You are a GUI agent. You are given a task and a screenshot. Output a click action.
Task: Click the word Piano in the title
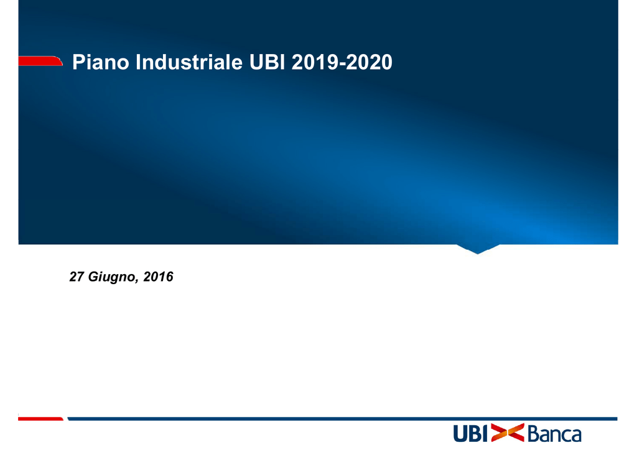pos(101,62)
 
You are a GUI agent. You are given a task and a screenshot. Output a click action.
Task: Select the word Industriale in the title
pos(189,62)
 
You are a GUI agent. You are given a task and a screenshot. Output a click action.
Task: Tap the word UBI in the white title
pos(267,62)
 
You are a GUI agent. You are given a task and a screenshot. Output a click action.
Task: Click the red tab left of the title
pos(40,60)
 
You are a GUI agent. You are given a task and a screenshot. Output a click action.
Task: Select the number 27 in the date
pos(77,277)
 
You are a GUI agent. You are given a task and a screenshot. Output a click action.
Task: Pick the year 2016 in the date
pos(159,277)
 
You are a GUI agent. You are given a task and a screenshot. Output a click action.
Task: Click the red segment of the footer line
pos(40,419)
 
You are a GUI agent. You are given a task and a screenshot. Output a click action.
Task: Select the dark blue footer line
pos(343,419)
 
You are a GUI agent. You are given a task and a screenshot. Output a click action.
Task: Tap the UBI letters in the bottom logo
pos(470,433)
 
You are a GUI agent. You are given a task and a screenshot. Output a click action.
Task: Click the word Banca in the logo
pos(554,433)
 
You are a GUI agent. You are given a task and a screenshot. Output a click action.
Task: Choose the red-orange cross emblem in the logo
pos(508,433)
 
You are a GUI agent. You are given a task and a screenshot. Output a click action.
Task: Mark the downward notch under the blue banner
pos(478,249)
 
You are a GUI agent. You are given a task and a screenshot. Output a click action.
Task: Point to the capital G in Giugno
pos(94,277)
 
